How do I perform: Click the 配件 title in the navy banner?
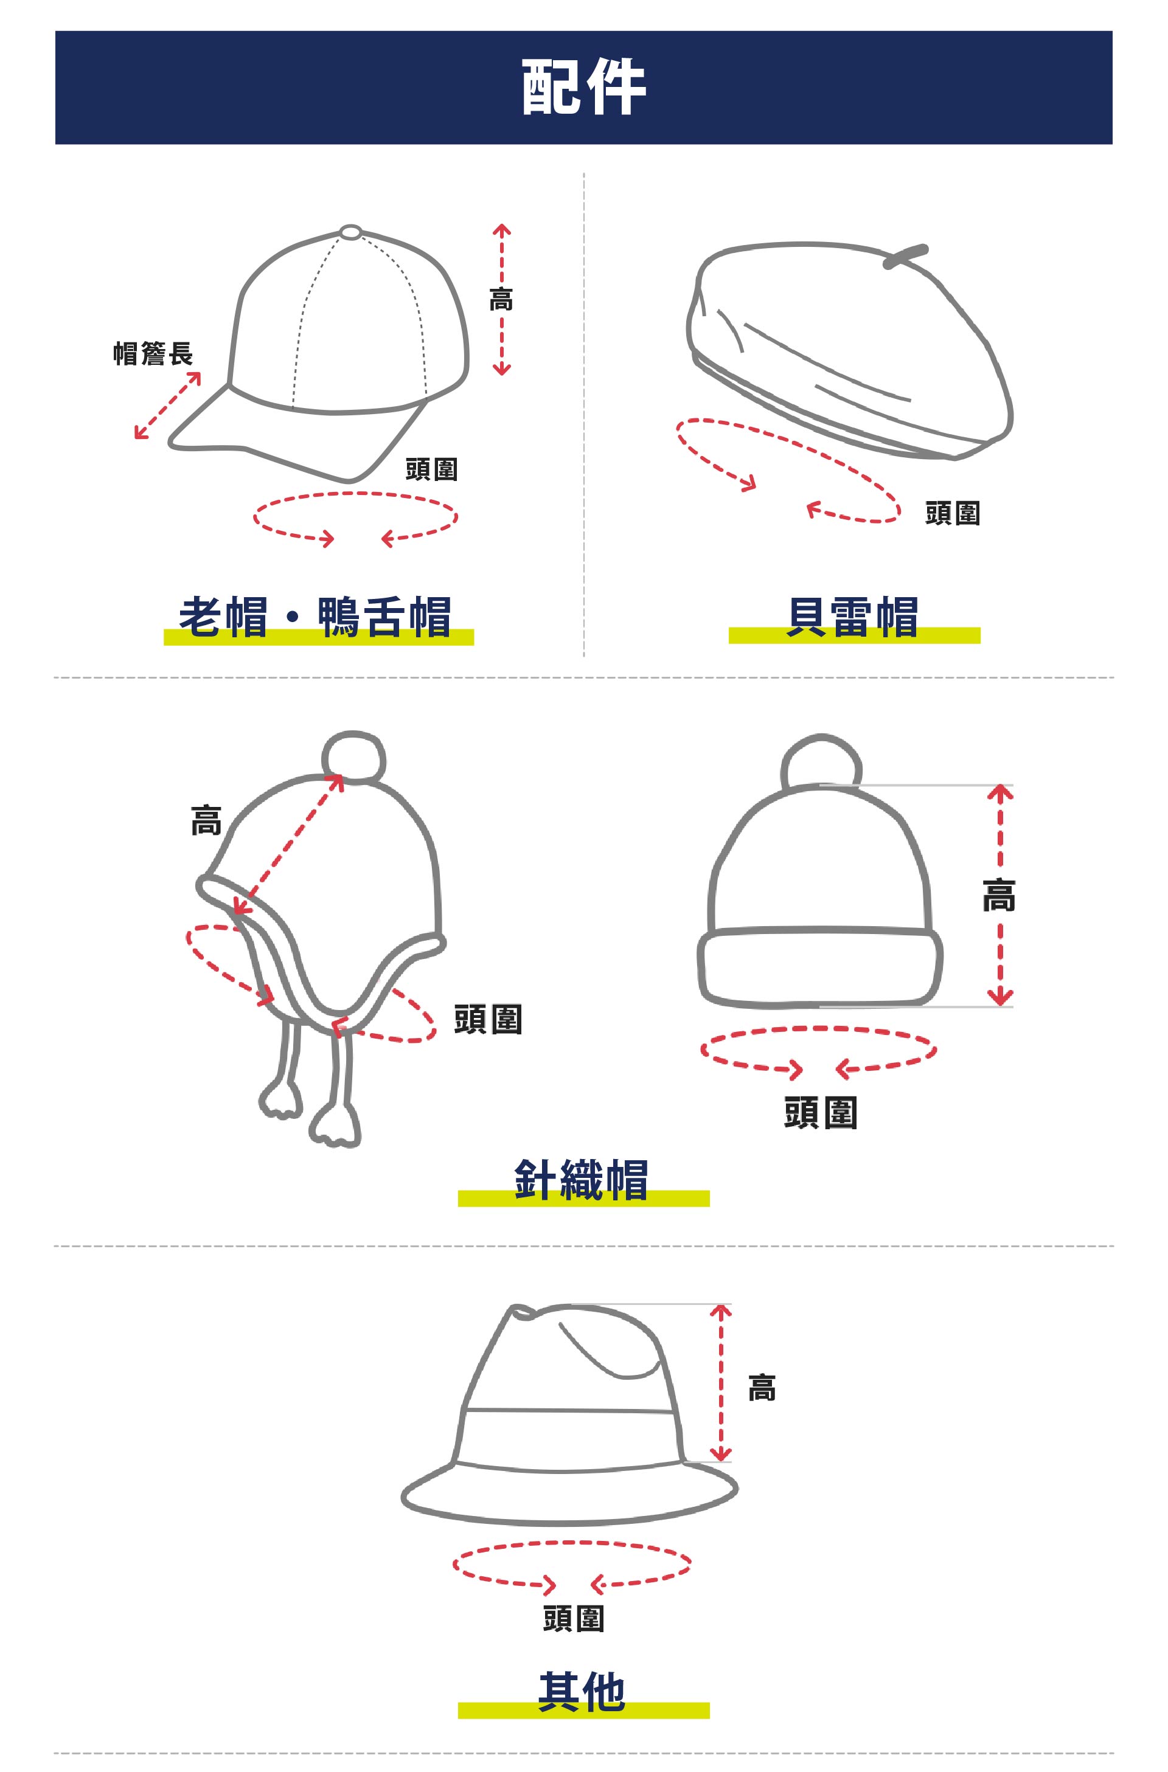tap(583, 87)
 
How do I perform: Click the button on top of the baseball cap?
tap(351, 232)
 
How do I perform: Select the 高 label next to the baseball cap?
tap(501, 299)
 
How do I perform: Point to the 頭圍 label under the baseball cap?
tap(431, 469)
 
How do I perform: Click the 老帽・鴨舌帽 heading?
tap(315, 617)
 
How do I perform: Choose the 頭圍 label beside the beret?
tap(953, 513)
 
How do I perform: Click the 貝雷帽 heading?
tap(852, 617)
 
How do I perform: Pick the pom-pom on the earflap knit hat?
tap(354, 757)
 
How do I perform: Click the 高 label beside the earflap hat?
tap(206, 820)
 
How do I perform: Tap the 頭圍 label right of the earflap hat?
tap(488, 1019)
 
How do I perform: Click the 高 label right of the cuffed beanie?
tap(999, 895)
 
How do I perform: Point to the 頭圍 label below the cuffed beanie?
tap(821, 1113)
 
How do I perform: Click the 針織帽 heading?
tap(582, 1179)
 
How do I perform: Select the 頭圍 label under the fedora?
tap(574, 1619)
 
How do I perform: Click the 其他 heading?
tap(582, 1692)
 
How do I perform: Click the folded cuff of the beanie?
tap(820, 968)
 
